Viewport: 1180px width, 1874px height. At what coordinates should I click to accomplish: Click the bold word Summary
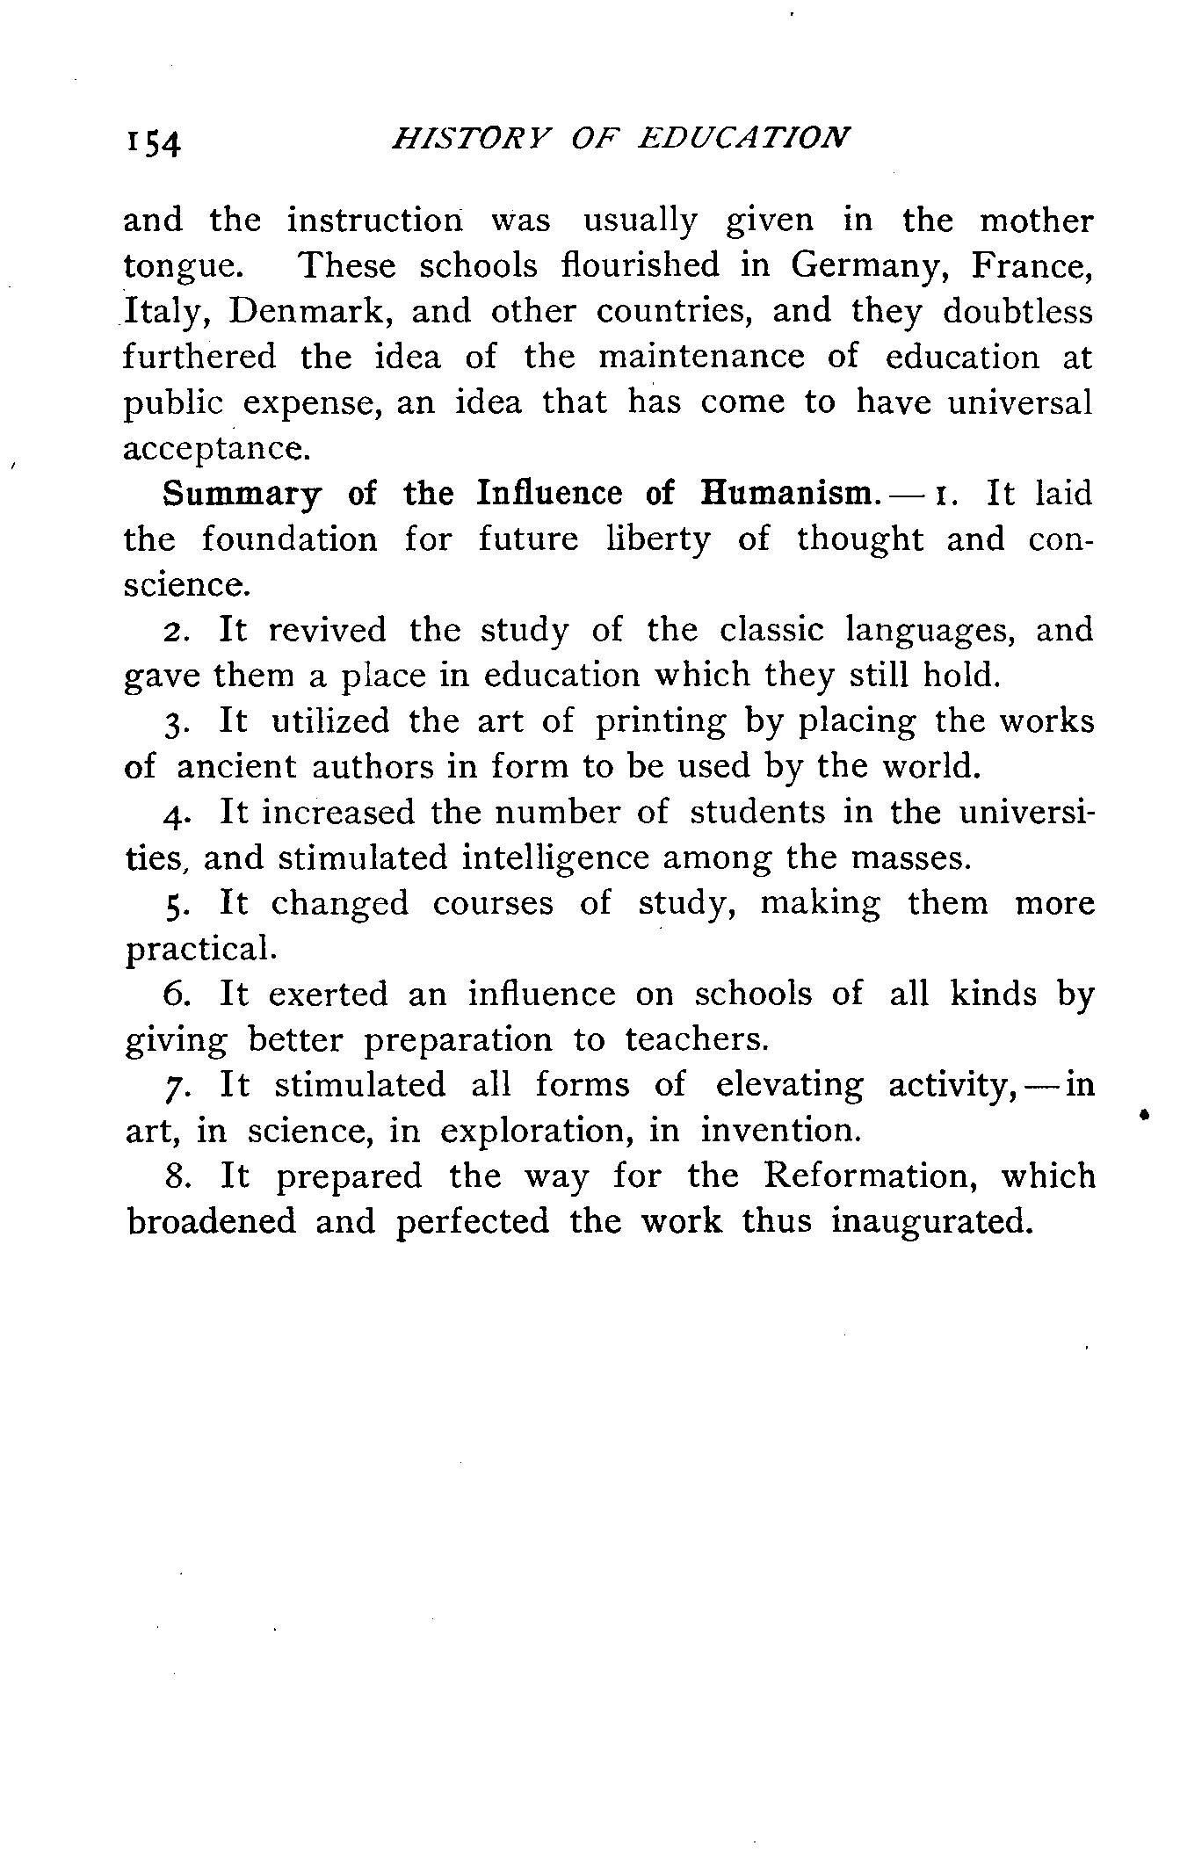(242, 495)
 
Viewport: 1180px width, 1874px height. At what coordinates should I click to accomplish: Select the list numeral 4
(173, 814)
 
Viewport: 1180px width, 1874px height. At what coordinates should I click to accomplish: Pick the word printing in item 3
(661, 722)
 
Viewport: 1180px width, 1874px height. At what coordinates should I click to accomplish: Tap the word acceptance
(216, 450)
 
